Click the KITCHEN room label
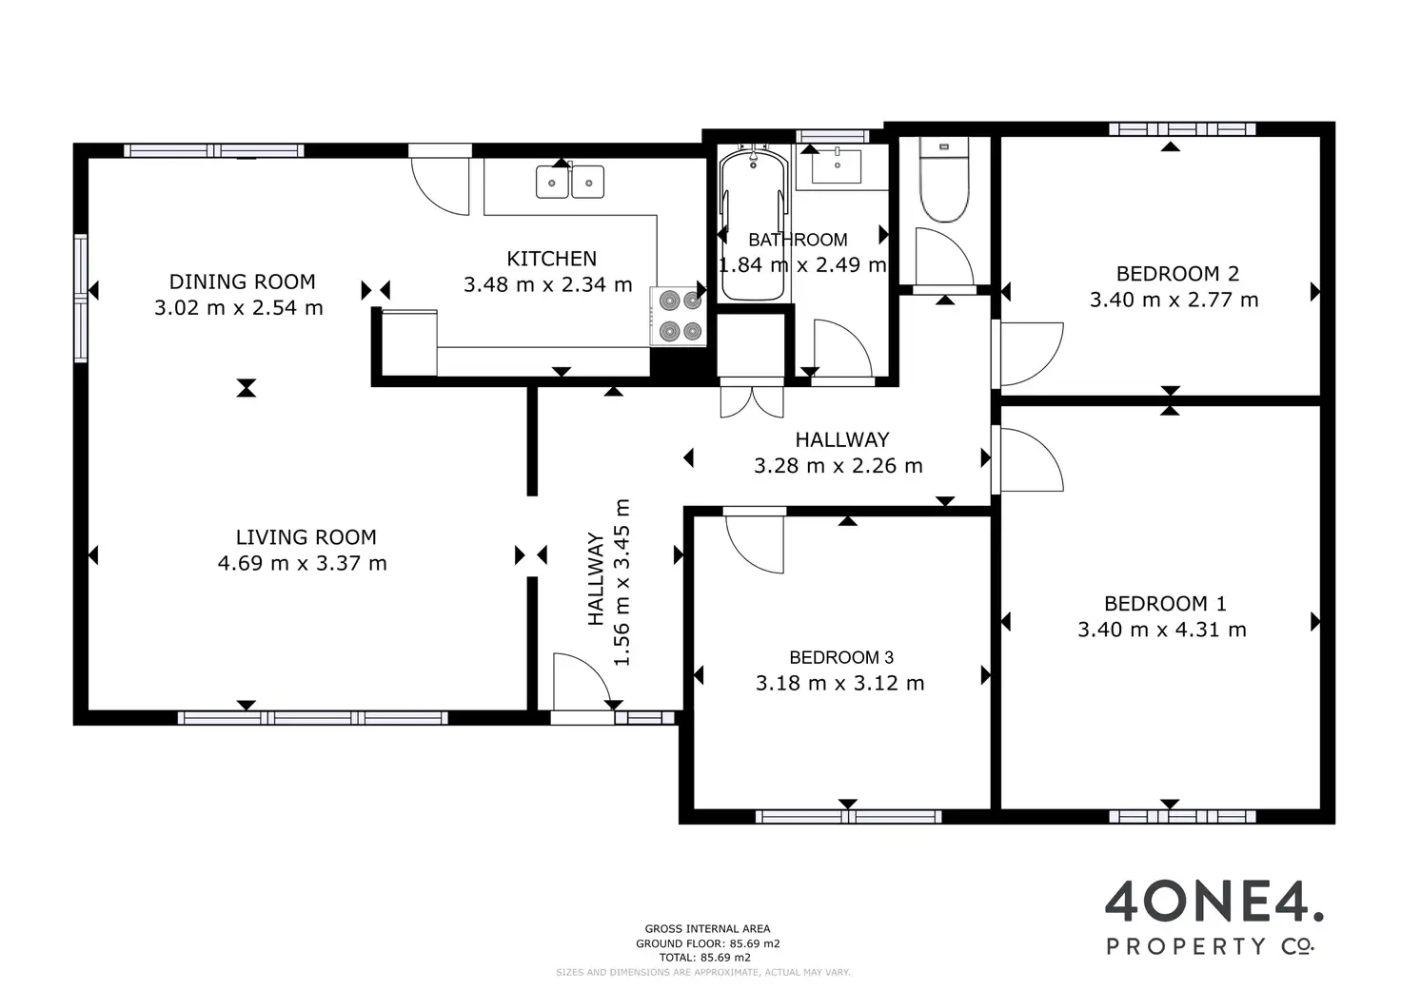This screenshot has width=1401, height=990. [551, 258]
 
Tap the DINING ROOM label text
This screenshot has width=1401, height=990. [242, 281]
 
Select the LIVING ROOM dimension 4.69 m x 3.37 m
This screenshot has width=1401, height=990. [302, 563]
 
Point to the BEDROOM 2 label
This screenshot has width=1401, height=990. [1177, 273]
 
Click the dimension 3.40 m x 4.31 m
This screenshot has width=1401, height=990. [1161, 629]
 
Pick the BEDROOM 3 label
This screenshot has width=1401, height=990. [841, 657]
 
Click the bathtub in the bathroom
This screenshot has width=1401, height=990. [753, 223]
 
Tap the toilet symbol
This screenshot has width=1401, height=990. [944, 180]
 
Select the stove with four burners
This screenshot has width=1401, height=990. [679, 316]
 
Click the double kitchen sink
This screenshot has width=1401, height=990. [570, 182]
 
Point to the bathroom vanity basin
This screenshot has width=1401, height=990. [837, 165]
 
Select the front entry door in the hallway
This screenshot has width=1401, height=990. [582, 681]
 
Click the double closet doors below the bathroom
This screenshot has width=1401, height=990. [752, 401]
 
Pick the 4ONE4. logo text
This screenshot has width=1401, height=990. [1214, 901]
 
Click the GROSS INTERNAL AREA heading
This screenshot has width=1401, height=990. [707, 929]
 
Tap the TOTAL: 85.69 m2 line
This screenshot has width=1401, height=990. [705, 957]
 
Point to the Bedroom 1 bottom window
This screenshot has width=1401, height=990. [1182, 816]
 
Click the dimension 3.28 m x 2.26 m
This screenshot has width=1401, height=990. [839, 466]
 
